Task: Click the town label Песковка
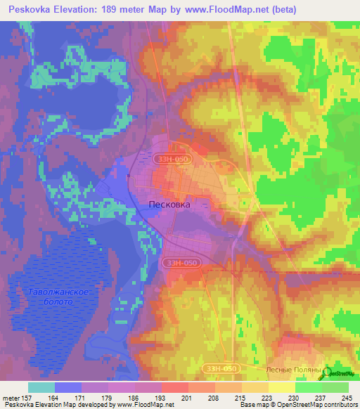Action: (x=169, y=204)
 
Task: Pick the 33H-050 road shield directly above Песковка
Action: (x=172, y=160)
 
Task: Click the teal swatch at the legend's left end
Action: (x=41, y=387)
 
